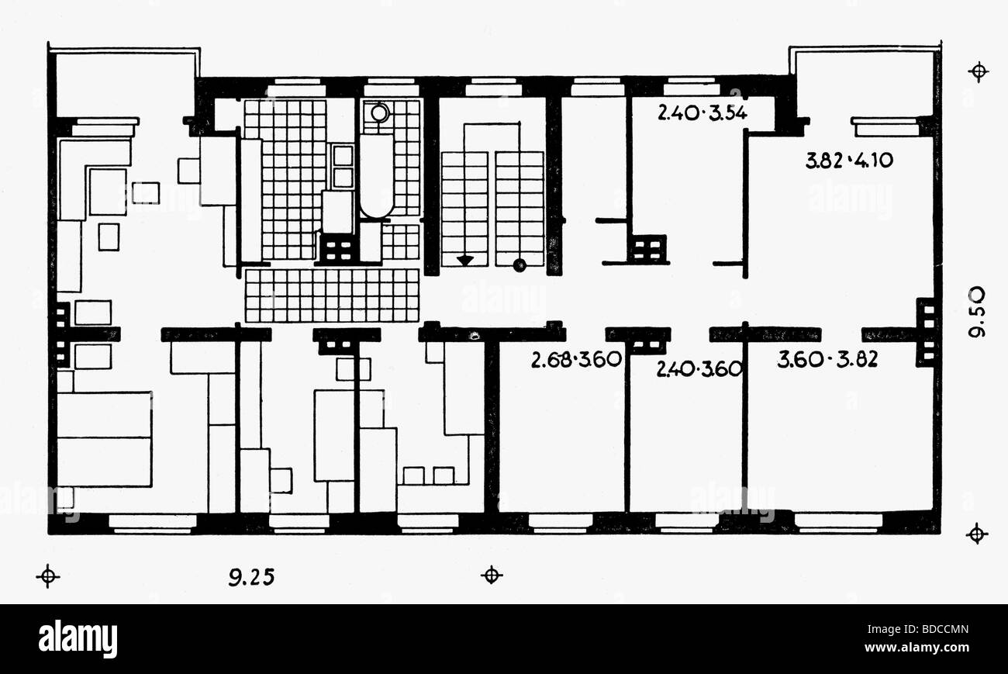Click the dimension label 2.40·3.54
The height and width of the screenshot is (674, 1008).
pos(702,113)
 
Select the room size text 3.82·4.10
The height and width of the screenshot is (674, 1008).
pos(849,161)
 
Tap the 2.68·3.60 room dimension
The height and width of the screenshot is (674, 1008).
pos(577,361)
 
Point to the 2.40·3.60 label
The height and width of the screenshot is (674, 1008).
pos(699,369)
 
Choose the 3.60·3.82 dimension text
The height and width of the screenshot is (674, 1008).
pos(827,360)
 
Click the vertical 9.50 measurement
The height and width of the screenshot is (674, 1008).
pos(977,311)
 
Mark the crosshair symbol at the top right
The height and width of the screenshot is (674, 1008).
pos(979,72)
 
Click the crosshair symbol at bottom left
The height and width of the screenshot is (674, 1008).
pos(48,576)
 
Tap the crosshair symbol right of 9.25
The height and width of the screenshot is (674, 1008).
pos(491,575)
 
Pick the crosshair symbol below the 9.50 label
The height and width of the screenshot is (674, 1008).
pos(977,534)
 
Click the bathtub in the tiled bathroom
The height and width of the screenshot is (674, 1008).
pos(377,177)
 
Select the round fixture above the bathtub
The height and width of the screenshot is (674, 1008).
pos(378,113)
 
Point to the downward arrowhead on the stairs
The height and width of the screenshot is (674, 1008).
pos(464,261)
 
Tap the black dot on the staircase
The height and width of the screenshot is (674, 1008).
pos(520,265)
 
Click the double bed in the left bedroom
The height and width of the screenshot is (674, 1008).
pos(104,439)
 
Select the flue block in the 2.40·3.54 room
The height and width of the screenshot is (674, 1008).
pos(648,249)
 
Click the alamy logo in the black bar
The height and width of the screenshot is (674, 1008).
pos(78,638)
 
